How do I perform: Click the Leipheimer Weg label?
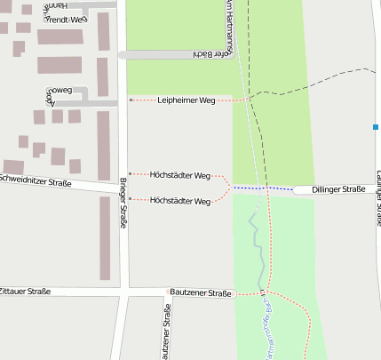[x=187, y=100]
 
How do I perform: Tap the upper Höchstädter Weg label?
[x=180, y=175]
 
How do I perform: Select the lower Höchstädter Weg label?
[x=180, y=201]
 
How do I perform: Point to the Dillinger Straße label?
[x=342, y=189]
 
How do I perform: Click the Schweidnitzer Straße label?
[x=36, y=181]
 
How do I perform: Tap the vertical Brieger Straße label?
[x=123, y=203]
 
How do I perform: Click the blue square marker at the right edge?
[x=377, y=128]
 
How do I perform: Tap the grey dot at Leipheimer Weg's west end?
[x=131, y=100]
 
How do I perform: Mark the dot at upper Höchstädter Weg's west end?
[x=131, y=174]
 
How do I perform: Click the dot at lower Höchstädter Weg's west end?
[x=131, y=199]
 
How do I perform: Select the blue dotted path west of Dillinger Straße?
[x=262, y=188]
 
